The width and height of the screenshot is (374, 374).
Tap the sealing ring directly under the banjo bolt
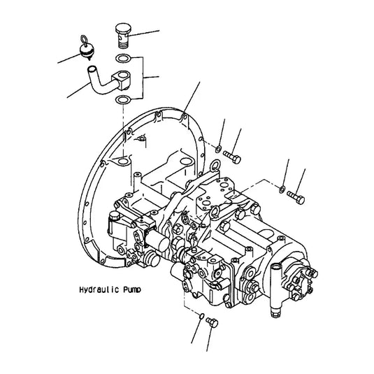(x=123, y=58)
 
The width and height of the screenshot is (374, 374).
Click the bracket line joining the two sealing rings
(x=144, y=77)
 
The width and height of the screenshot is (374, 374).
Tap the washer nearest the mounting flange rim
(x=219, y=148)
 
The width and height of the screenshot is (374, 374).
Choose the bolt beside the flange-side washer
(x=233, y=152)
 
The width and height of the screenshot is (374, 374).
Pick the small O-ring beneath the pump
(x=201, y=317)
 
